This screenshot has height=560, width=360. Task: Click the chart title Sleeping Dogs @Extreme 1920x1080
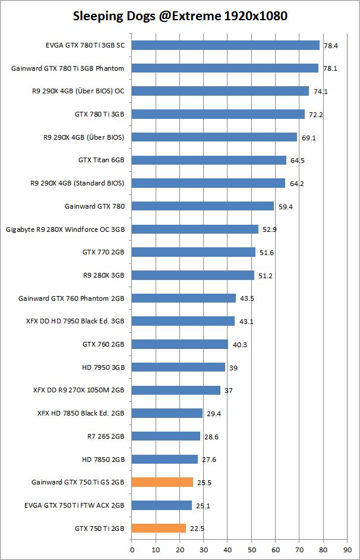180,16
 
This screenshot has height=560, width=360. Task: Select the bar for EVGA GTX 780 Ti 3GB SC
226,45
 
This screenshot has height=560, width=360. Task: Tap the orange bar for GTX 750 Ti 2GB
159,528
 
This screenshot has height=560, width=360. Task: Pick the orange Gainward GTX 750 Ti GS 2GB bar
162,482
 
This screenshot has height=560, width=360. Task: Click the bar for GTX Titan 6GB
209,160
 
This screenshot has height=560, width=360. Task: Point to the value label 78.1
329,68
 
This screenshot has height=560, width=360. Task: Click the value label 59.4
285,206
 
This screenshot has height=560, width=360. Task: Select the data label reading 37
228,391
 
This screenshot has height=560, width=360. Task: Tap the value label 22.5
197,528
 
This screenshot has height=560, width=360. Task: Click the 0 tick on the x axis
132,549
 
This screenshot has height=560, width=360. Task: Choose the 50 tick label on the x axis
251,549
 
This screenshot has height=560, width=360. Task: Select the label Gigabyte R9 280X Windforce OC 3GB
65,229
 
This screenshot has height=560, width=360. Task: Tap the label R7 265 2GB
106,436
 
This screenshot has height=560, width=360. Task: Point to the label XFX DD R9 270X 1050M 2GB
79,391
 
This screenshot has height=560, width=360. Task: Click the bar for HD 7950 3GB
178,367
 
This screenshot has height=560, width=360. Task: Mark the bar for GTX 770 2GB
194,252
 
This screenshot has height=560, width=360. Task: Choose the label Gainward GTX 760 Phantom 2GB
71,298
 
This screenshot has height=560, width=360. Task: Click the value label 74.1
320,91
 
